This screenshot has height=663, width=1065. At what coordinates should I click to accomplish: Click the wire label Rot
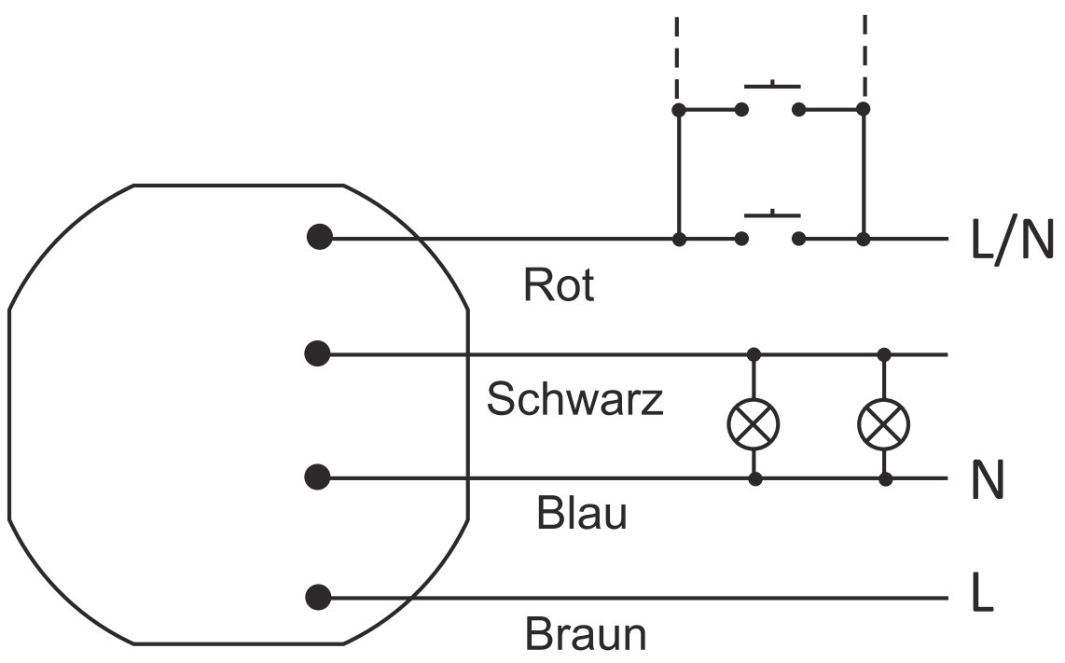tap(559, 285)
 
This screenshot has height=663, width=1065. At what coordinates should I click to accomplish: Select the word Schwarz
tap(574, 400)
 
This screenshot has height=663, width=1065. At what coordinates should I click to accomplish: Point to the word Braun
tap(586, 635)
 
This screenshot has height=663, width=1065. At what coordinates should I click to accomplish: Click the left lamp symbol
tap(754, 424)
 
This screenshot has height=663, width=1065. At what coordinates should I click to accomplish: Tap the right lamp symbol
tap(884, 424)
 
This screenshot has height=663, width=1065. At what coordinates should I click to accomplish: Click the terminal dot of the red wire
tap(320, 238)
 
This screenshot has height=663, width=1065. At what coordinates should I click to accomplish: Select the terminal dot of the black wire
tap(318, 354)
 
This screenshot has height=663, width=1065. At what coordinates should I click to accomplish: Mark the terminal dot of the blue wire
tap(318, 478)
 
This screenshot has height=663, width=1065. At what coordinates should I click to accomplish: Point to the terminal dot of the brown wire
tap(318, 597)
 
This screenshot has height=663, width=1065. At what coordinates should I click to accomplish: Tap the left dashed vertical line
tap(677, 56)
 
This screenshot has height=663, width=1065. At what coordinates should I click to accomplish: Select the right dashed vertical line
tap(864, 56)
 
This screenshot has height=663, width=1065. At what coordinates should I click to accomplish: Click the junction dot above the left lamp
tap(754, 354)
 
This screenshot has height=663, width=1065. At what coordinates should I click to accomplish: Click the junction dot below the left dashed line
tap(679, 110)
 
